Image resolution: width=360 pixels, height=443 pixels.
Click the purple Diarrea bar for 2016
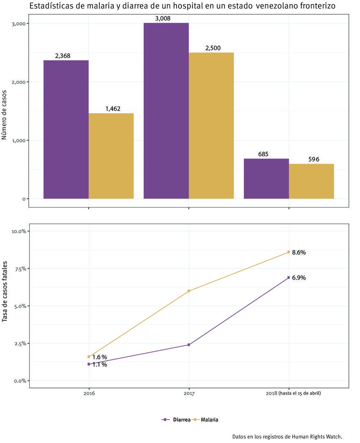coord(66,129)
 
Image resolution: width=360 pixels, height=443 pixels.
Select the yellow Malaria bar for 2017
coord(211,126)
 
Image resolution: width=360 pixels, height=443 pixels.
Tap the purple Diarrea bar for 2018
coord(266,178)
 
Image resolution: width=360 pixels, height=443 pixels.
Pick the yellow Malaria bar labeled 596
coord(311,181)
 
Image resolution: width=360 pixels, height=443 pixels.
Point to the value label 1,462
coord(112,109)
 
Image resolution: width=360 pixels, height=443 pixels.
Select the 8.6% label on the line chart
coord(298,253)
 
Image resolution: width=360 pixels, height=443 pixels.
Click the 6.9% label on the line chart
coord(298,278)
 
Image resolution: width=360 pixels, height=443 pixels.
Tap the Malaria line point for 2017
coord(189,291)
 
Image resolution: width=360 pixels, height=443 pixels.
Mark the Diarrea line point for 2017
coord(189,345)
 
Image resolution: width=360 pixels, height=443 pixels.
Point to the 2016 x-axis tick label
coord(89,393)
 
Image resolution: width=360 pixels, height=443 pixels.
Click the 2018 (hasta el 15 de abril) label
coord(293,393)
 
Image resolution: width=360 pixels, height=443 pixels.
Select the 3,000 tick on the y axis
coord(19,24)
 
